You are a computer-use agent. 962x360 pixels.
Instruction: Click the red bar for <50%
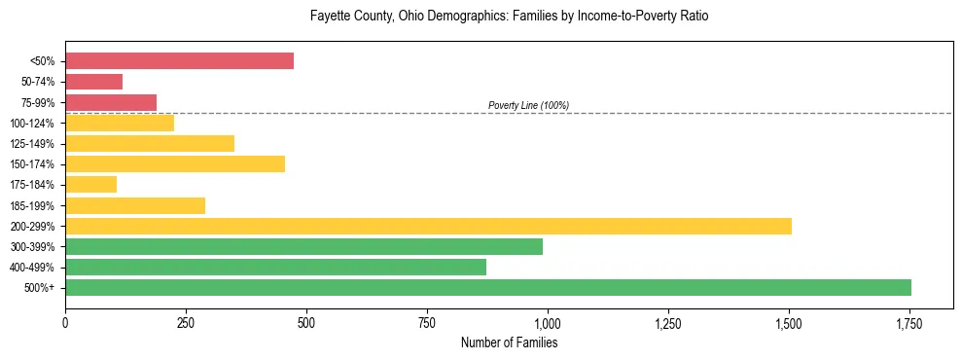tap(179, 61)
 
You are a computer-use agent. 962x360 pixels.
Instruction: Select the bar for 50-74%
tap(93, 82)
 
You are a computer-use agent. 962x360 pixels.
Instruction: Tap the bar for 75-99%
tap(111, 102)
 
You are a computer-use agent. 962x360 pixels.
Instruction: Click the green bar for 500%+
tap(488, 287)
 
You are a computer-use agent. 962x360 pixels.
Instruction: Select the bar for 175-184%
tap(90, 184)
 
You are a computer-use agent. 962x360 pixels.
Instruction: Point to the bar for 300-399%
tap(303, 246)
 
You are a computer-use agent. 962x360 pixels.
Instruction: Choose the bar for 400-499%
tap(275, 267)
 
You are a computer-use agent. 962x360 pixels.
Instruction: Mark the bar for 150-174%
tap(175, 163)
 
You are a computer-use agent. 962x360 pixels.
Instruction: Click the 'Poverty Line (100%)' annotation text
tap(528, 105)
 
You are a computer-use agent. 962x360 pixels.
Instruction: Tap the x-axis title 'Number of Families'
tap(509, 342)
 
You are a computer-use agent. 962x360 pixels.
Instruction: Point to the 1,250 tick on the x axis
tap(668, 322)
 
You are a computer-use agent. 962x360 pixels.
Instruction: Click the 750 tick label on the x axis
tap(427, 322)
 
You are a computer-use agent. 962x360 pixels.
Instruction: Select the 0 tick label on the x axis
tap(65, 322)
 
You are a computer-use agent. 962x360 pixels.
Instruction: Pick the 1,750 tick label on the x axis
tap(909, 322)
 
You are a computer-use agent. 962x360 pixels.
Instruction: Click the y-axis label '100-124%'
tap(32, 124)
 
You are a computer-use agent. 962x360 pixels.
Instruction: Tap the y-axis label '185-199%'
tap(32, 205)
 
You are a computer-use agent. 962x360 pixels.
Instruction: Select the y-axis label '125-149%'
tap(32, 144)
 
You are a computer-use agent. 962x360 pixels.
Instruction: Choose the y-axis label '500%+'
tap(38, 288)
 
